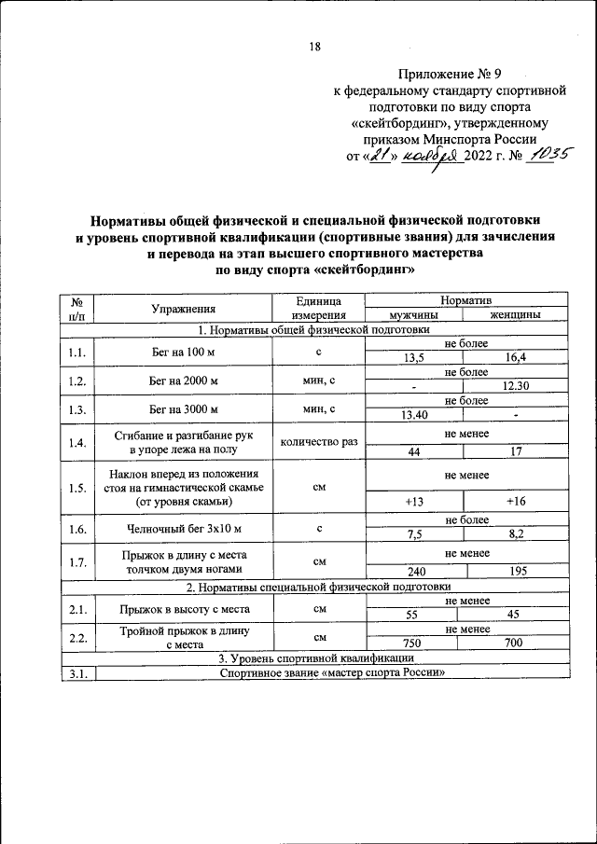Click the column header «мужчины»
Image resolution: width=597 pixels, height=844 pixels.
point(412,315)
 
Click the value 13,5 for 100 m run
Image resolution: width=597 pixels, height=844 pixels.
point(412,358)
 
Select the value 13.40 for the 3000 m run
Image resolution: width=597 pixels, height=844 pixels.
point(412,415)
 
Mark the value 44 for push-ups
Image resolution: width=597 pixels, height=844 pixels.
point(412,451)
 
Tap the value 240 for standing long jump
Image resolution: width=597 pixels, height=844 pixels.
point(412,572)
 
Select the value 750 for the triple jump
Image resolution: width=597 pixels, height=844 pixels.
point(412,644)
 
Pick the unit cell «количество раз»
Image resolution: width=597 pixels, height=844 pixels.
point(318,442)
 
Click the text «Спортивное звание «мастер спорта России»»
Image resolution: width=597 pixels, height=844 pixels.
point(332,673)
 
